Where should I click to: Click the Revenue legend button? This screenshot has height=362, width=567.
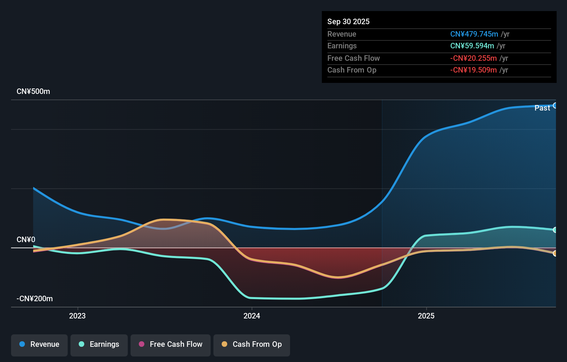[39, 345]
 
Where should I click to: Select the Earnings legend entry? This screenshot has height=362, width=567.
[99, 345]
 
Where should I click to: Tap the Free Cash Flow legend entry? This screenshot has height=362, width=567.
[171, 345]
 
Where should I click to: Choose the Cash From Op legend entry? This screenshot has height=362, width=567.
[252, 345]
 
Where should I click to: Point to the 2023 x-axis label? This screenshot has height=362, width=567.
[77, 316]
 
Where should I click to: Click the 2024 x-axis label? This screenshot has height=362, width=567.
[252, 316]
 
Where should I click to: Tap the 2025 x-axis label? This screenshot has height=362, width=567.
[426, 316]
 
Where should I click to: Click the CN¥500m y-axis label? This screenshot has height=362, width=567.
[33, 92]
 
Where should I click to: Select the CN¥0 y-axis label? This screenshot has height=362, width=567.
[26, 240]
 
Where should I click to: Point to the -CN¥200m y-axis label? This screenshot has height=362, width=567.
[35, 299]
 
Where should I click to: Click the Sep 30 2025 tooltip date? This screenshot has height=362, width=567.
[348, 22]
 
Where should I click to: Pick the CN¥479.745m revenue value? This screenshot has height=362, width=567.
[474, 34]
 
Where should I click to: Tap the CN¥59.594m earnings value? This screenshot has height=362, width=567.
[472, 46]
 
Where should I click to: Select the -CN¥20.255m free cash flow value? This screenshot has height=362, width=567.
[473, 58]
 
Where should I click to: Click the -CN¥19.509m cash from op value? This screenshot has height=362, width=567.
[473, 70]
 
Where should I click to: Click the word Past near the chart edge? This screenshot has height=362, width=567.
[542, 108]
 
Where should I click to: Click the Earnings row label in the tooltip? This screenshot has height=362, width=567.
[342, 46]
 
